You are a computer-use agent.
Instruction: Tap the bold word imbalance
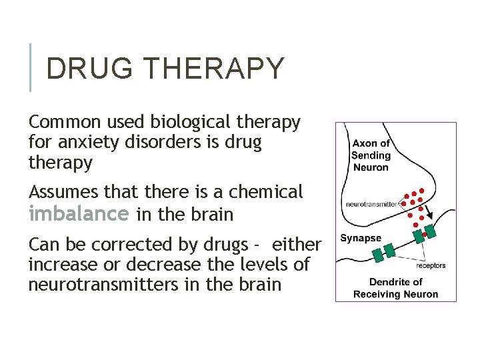[78, 214]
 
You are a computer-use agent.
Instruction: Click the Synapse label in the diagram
[360, 237]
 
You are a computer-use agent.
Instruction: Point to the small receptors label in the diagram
[431, 265]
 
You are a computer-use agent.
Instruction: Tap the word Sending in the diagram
[371, 155]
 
